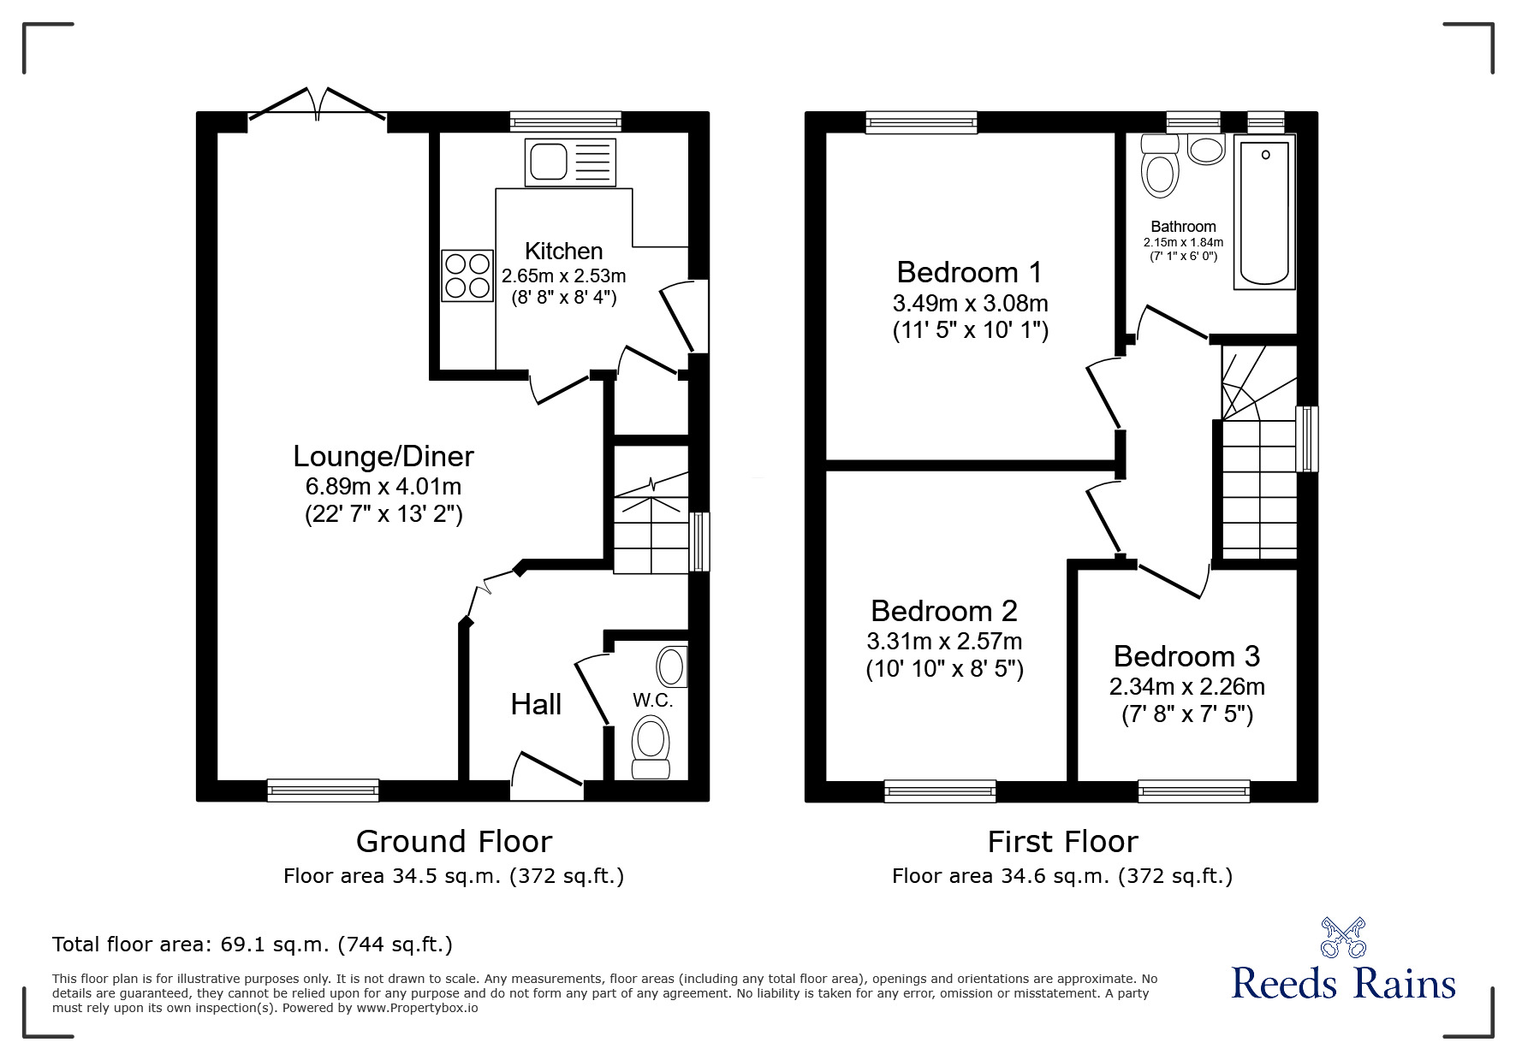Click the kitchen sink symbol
tap(571, 162)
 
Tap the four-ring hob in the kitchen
tap(467, 275)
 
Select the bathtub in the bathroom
tap(1264, 214)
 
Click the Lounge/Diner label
tap(383, 456)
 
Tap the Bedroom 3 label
tap(1186, 656)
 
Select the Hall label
tap(536, 704)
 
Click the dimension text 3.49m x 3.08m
tap(970, 303)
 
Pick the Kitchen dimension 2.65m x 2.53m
tap(563, 275)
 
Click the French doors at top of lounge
tap(318, 105)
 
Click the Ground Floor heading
tap(454, 842)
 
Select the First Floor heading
tap(1062, 842)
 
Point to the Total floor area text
tap(253, 945)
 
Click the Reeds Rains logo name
tap(1343, 984)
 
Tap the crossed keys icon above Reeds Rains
tap(1343, 937)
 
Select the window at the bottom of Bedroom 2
tap(940, 791)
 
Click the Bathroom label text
tap(1183, 227)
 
